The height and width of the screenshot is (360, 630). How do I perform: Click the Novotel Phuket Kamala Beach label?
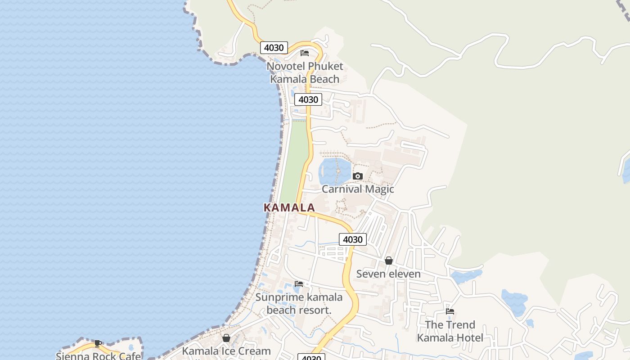(305, 72)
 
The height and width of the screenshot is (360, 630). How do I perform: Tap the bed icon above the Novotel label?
(305, 53)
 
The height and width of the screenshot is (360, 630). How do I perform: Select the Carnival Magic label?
(358, 189)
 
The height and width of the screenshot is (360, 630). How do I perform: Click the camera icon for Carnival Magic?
(358, 176)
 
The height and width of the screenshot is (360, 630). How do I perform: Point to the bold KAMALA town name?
(289, 207)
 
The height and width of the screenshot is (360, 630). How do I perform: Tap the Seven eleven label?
(388, 274)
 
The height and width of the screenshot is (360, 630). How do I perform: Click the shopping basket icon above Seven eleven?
(389, 261)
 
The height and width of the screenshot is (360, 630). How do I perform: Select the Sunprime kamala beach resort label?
(299, 303)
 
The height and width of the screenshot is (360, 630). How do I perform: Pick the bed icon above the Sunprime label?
(299, 284)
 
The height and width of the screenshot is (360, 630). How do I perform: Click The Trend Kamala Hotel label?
(450, 331)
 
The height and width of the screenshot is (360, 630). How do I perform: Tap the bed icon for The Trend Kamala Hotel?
(450, 311)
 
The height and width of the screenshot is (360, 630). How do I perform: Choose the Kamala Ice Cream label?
(226, 351)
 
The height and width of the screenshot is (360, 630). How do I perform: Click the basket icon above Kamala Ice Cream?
(226, 338)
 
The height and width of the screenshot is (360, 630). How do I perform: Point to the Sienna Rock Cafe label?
(98, 356)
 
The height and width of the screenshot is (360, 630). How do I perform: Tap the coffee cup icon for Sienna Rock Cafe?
(98, 344)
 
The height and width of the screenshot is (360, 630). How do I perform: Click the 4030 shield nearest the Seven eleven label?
(352, 239)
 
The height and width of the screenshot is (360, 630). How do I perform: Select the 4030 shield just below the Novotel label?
(308, 99)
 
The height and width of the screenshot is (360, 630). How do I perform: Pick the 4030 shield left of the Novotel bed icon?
(274, 48)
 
